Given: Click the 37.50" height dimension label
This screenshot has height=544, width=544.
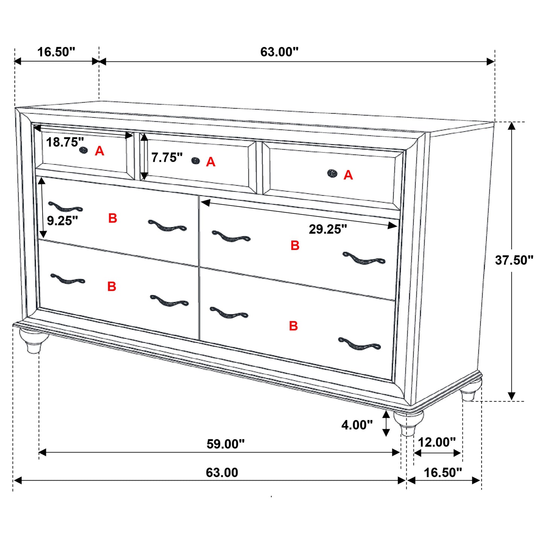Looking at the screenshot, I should (514, 260).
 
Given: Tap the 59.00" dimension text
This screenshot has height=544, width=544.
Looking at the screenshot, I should (226, 444).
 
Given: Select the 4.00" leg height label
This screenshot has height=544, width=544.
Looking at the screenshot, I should (357, 425).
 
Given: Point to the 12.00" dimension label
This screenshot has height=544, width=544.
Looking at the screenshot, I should (437, 442).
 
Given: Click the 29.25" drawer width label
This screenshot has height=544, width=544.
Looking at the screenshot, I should (328, 229).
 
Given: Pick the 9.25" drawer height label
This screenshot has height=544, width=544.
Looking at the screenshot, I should (62, 221).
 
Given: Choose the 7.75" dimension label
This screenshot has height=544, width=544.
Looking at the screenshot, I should (167, 157).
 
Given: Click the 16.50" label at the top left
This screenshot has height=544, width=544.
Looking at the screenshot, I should (56, 52).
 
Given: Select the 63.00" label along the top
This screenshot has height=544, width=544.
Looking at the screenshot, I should (279, 52).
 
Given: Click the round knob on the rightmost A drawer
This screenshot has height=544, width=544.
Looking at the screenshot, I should (332, 173).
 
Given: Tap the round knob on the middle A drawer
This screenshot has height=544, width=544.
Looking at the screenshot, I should (195, 161).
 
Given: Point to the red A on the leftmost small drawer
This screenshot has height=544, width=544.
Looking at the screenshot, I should (99, 151).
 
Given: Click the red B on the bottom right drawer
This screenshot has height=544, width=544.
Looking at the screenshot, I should (293, 326).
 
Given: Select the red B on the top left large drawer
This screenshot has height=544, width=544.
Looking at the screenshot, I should (113, 218).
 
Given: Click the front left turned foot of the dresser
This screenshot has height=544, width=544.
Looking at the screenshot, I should (34, 340).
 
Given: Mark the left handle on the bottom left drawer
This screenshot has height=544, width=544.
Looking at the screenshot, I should (67, 279).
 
